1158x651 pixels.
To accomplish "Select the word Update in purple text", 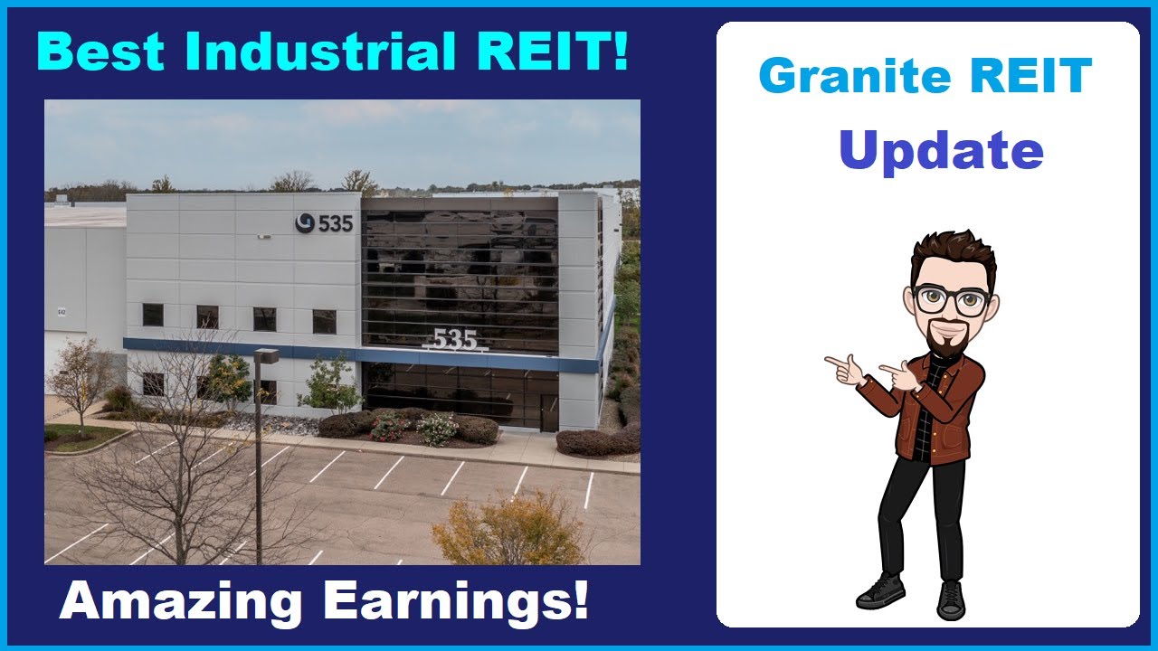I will (x=941, y=150).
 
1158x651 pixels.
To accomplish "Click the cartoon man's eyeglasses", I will (x=950, y=299).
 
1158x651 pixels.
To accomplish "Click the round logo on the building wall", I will (x=305, y=222).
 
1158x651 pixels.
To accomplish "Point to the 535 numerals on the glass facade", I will (x=454, y=339).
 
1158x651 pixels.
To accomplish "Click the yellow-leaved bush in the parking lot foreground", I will (x=511, y=532).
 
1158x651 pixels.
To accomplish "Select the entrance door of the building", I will (x=549, y=412).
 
